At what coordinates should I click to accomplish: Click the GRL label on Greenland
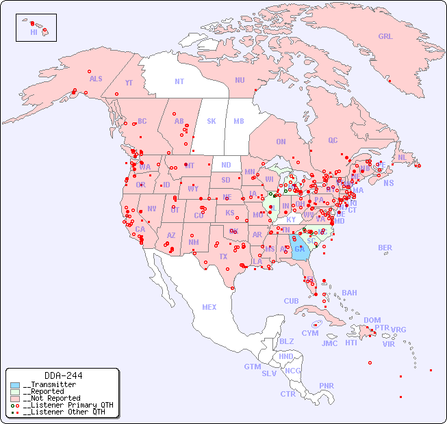coord(385,36)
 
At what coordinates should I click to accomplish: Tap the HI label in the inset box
coord(34,31)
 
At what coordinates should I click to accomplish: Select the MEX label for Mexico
coord(209,307)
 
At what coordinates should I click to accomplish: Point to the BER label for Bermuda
coord(385,248)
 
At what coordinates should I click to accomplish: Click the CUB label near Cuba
coord(291,301)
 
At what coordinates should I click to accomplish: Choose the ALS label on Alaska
coord(96,79)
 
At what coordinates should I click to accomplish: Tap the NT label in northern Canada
coord(179,81)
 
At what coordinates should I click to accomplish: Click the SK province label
coord(212,121)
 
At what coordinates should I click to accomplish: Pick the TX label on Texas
coord(223,256)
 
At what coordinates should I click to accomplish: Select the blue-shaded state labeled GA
coord(299,250)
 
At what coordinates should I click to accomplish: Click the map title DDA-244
coord(63,375)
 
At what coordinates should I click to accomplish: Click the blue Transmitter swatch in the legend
coord(15,385)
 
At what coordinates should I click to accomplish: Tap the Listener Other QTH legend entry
coord(62,412)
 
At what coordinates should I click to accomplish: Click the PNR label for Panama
coord(327,386)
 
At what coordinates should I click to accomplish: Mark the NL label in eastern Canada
coord(403,157)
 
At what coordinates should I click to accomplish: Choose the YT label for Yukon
coord(129,83)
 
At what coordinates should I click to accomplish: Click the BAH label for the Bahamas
coord(349,293)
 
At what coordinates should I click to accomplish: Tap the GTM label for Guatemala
coord(252,367)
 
